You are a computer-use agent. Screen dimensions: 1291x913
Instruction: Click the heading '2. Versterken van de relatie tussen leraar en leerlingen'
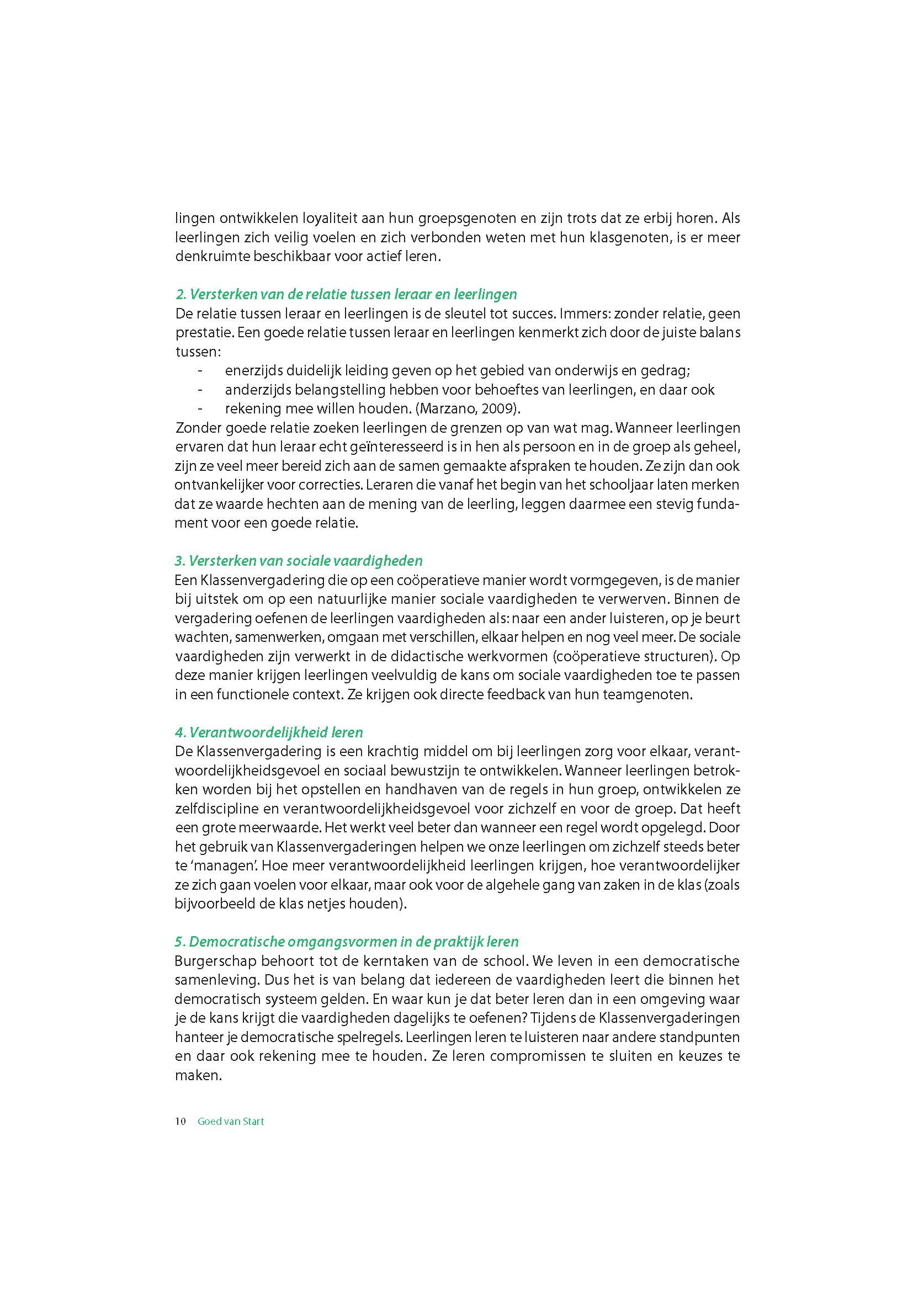pyautogui.click(x=346, y=294)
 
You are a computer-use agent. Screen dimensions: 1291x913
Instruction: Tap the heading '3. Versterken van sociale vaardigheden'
pyautogui.click(x=299, y=561)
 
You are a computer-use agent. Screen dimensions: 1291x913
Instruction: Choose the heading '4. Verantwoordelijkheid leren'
pyautogui.click(x=269, y=732)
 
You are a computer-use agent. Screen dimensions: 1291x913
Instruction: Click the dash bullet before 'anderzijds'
pyautogui.click(x=201, y=390)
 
